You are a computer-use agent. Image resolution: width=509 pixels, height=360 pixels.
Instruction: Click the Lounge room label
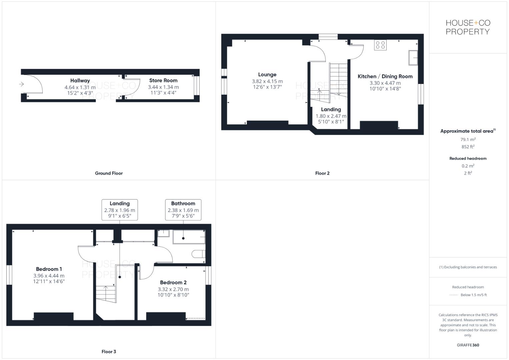(267, 75)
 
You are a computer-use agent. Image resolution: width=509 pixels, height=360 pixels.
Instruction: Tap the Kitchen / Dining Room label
(385, 76)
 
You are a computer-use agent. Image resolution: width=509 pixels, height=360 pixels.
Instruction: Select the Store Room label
(163, 80)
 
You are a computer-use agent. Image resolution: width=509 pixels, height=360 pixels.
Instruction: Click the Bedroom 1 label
(49, 269)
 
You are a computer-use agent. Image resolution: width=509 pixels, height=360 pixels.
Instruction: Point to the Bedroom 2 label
(173, 282)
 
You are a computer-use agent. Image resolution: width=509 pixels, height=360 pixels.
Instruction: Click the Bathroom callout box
(183, 210)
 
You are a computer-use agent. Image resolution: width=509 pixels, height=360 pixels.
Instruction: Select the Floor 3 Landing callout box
(119, 210)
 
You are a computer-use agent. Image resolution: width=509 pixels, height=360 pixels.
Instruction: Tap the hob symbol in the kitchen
(380, 45)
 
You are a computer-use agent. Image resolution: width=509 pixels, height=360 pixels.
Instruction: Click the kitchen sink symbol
(413, 58)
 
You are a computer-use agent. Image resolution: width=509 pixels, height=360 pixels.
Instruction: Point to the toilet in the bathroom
(199, 254)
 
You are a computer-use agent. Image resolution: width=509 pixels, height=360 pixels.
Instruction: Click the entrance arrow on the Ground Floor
(22, 84)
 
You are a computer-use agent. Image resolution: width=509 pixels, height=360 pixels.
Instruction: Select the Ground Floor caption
(109, 173)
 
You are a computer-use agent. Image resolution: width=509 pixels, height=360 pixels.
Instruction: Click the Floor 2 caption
(322, 173)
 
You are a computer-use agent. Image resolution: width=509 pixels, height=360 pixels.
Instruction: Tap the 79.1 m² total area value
(468, 140)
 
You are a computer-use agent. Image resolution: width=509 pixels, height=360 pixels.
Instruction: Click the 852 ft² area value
(468, 147)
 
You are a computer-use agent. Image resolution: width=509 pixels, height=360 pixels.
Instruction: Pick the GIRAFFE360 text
(468, 345)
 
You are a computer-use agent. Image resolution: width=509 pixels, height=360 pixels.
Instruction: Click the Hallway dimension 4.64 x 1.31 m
(80, 87)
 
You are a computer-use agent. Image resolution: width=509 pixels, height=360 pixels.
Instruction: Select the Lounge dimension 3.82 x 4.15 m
(267, 81)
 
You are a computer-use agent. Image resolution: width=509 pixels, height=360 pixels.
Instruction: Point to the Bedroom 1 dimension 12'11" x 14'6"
(49, 281)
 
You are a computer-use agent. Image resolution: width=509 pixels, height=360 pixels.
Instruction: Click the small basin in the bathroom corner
(163, 233)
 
